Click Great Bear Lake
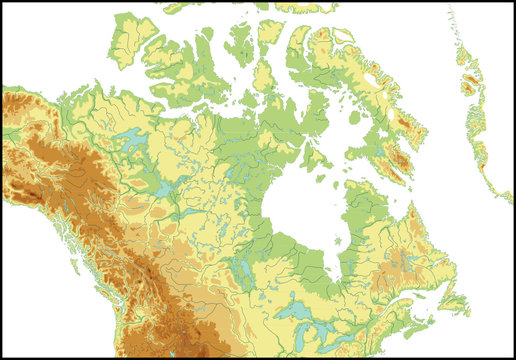click(129, 141)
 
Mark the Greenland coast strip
click(475, 120)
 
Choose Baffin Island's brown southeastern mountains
click(398, 160)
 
